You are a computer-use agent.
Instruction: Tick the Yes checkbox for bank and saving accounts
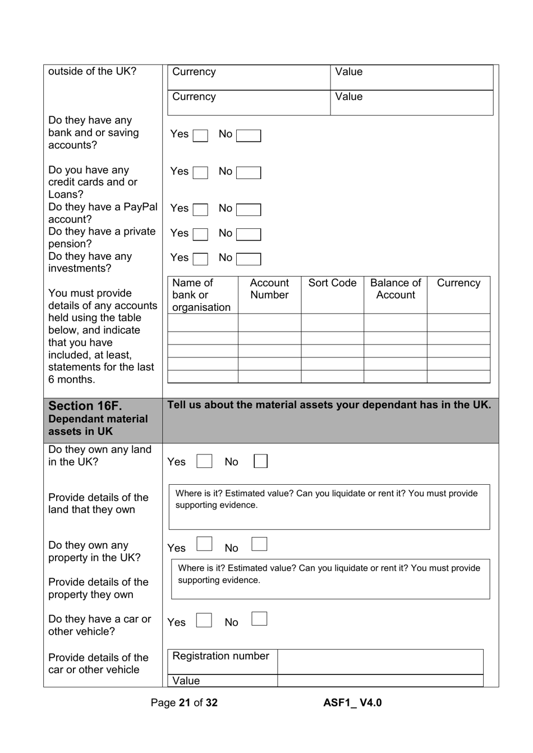pos(200,136)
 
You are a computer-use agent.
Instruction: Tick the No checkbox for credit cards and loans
pos(248,173)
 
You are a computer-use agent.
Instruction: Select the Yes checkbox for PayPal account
pos(200,210)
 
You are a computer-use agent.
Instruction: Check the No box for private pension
pos(248,235)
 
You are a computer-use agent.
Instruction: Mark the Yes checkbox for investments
pos(200,259)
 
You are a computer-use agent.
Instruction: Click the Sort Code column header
pos(332,283)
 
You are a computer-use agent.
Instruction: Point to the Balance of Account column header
pos(396,289)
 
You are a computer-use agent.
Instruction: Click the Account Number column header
pos(269,289)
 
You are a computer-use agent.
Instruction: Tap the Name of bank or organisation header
pos(201,295)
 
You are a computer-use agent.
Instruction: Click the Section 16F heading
pos(85,406)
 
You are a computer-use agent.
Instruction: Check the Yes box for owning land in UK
pos(204,461)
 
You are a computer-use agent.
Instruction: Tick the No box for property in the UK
pos(259,544)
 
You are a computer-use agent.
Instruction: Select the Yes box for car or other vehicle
pos(204,620)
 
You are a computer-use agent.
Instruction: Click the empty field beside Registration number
pos(380,662)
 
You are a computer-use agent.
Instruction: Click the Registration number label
pos(220,656)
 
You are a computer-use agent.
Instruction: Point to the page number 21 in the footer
pos(185,703)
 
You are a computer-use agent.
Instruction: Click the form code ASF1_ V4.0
pos(352,703)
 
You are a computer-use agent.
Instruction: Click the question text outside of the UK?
pos(92,71)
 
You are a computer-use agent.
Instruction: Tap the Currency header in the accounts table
pos(458,283)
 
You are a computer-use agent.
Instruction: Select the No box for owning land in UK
pos(260,461)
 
